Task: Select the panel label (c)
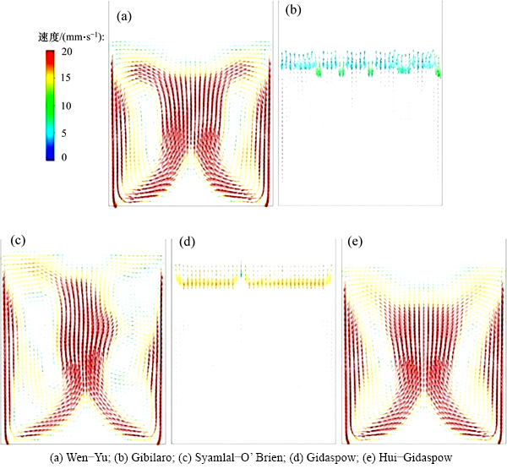18,243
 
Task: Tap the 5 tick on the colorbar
67,131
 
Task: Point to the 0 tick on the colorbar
67,157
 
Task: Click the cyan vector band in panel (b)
359,62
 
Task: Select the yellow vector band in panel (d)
253,279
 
